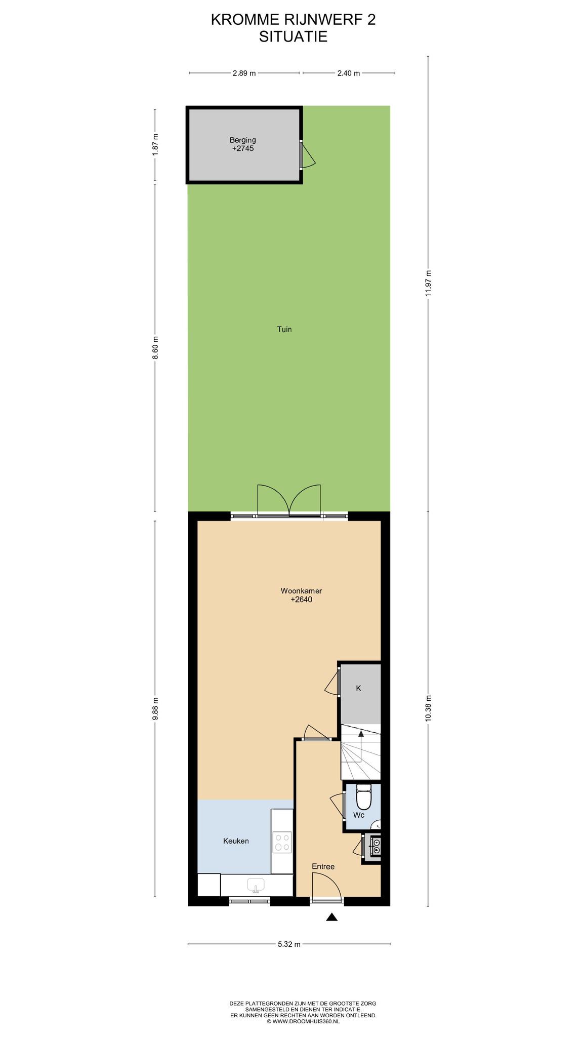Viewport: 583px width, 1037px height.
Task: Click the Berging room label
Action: [243, 140]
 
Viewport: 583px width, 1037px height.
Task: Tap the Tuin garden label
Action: [284, 329]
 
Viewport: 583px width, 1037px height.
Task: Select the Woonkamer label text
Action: [301, 591]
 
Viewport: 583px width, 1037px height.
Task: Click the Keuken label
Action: [236, 841]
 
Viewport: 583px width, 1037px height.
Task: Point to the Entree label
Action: [323, 866]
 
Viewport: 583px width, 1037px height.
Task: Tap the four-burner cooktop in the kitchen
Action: [282, 842]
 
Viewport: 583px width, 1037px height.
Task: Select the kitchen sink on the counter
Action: [256, 885]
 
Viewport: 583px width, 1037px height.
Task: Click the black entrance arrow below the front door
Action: [331, 916]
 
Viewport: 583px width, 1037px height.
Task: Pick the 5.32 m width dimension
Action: [289, 944]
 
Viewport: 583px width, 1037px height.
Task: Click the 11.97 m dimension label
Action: [428, 283]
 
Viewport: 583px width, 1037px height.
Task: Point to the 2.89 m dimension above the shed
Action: [244, 73]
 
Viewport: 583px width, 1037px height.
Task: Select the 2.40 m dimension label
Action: [349, 73]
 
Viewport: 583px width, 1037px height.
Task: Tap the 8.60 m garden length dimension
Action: [155, 348]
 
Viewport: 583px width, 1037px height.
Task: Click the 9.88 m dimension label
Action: [155, 708]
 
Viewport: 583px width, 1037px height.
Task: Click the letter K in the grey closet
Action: [358, 688]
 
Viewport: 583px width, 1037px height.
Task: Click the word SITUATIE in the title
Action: [293, 36]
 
